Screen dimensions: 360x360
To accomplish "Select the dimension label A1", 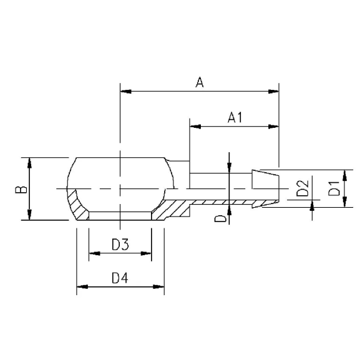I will coord(235,117).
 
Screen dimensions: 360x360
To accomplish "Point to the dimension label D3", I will coord(120,245).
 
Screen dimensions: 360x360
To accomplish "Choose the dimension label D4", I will coord(120,278).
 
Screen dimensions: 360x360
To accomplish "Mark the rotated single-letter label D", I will coord(220,217).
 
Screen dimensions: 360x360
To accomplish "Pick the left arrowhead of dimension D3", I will coord(94,254).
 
